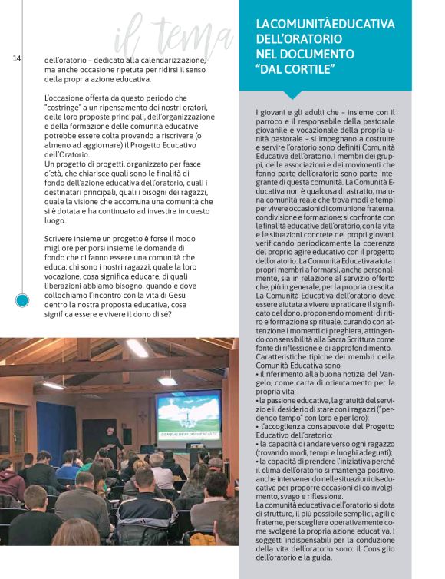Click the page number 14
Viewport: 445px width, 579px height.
coord(16,58)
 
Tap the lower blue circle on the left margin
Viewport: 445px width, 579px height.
coord(22,300)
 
